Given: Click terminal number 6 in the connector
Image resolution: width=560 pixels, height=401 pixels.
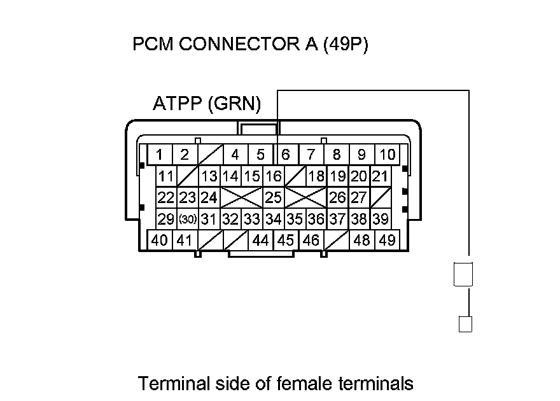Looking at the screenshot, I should [x=286, y=154].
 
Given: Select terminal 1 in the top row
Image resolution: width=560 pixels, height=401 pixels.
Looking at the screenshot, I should [x=160, y=154].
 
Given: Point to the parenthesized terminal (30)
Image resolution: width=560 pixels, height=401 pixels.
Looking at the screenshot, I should [x=187, y=220].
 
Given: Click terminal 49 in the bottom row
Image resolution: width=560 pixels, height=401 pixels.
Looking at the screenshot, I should [x=386, y=241].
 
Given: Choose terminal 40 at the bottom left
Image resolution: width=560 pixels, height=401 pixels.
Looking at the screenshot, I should [x=160, y=241].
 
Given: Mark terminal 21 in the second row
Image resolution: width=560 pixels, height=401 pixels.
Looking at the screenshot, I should [x=380, y=176].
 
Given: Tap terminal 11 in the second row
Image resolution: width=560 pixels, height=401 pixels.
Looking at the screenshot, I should [x=167, y=176].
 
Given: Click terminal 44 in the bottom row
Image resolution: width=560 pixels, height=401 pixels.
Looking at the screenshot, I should [x=260, y=241].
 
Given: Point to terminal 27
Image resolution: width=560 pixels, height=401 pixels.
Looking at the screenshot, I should [x=359, y=197].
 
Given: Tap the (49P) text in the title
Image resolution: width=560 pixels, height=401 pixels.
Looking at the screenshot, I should [x=346, y=46].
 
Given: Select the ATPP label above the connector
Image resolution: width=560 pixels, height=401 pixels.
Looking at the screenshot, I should [x=178, y=104].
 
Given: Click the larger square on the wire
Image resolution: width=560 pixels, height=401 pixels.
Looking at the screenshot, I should [x=463, y=274].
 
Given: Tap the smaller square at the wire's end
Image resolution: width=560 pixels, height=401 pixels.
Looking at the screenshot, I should [x=465, y=324].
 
